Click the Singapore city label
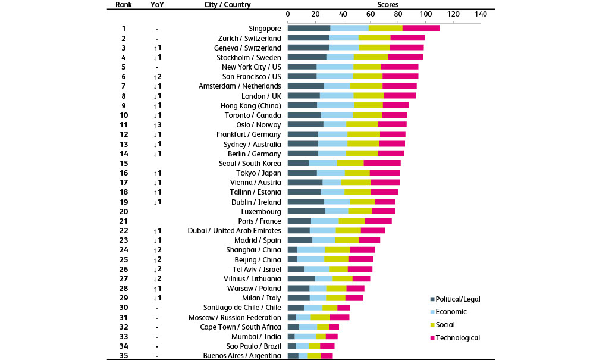[265, 28]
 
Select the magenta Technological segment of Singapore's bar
[421, 28]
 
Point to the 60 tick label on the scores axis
[371, 14]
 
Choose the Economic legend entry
[451, 311]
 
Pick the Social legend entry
[447, 324]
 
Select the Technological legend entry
[457, 337]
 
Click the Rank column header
[123, 5]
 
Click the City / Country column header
[227, 5]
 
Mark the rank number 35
[124, 356]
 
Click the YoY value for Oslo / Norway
[157, 124]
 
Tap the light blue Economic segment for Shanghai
[310, 249]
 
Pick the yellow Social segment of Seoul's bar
[350, 163]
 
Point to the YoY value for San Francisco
[157, 76]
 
